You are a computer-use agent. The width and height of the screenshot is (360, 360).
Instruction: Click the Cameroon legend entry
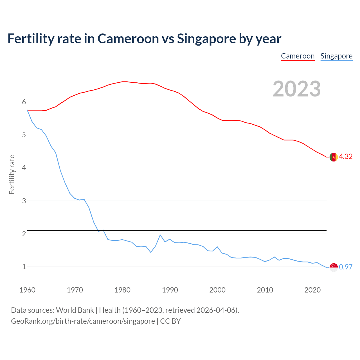(x=298, y=56)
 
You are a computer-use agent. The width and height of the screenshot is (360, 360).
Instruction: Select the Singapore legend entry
(x=336, y=56)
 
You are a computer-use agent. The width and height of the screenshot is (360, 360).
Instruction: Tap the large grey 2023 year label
(x=297, y=89)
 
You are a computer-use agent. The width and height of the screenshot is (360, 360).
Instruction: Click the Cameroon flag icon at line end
(x=334, y=157)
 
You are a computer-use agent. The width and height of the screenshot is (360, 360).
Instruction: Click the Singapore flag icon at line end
(x=334, y=267)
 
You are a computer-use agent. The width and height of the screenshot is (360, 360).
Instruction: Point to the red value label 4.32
(x=346, y=157)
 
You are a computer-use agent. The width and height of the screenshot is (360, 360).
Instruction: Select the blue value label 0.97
(x=346, y=267)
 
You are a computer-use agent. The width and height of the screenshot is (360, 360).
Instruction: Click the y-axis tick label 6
(x=24, y=102)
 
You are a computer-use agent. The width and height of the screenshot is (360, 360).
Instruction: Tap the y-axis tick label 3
(x=24, y=201)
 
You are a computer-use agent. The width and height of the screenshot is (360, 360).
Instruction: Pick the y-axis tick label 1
(x=24, y=267)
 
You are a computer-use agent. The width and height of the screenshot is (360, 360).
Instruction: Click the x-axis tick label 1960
(x=27, y=290)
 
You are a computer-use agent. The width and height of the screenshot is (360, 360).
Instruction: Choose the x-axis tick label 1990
(x=170, y=290)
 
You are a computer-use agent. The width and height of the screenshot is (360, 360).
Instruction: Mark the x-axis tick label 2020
(x=312, y=290)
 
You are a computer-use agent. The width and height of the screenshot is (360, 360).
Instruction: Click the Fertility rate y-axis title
(x=12, y=174)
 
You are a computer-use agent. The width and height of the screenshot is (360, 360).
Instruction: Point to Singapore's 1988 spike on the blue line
(x=160, y=235)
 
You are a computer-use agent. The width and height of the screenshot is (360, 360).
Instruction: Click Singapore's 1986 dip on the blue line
(x=151, y=252)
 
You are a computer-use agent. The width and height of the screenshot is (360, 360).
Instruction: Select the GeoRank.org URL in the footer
(x=83, y=321)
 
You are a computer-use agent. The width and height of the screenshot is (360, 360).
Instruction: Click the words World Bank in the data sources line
(x=75, y=310)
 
